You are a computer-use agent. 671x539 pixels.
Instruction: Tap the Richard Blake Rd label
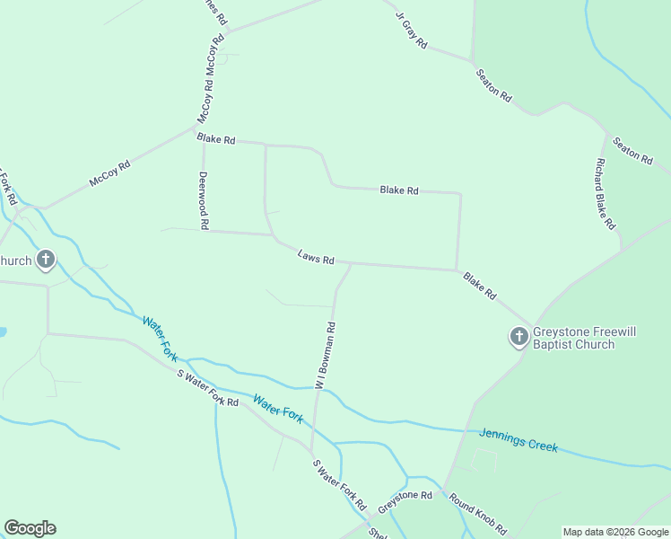tap(605, 193)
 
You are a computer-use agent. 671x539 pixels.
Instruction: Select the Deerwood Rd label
tap(204, 199)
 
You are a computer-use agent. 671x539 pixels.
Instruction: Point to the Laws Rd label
tap(316, 258)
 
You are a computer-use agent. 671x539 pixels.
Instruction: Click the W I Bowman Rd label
tap(325, 355)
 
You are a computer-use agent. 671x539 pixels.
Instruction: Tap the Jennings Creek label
tap(519, 439)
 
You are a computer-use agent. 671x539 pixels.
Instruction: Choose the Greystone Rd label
tap(405, 501)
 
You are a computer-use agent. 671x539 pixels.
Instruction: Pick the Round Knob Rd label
tap(478, 513)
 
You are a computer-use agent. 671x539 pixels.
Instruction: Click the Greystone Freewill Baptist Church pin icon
tap(518, 337)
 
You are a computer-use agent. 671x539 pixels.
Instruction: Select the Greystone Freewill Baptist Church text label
tap(585, 338)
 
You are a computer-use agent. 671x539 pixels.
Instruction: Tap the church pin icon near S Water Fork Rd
tap(46, 261)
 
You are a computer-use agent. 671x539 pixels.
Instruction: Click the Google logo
tap(30, 528)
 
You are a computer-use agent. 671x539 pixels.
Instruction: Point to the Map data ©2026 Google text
tap(615, 532)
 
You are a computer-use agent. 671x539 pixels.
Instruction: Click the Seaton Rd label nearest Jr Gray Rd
tap(493, 84)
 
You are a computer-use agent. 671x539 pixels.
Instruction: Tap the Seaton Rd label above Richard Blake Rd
tap(632, 149)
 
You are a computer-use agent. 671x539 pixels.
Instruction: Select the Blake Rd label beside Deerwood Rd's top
tap(216, 139)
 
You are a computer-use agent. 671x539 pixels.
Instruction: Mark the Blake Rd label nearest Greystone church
tap(479, 287)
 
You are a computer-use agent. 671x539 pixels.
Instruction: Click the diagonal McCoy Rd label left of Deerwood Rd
tap(110, 173)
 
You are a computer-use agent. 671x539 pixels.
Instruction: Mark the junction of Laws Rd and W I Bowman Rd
tap(351, 264)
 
